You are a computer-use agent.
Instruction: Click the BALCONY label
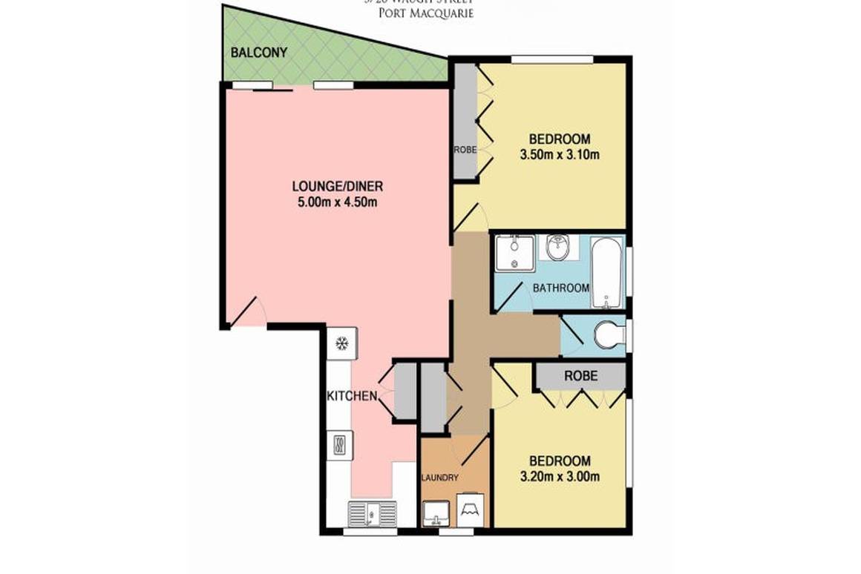coord(258,53)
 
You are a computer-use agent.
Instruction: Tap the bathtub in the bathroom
coord(608,272)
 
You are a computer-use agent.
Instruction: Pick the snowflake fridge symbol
coord(342,343)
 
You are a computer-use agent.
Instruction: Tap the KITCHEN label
coord(352,396)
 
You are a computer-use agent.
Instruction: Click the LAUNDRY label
coord(440,478)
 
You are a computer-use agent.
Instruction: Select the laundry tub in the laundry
coord(436,512)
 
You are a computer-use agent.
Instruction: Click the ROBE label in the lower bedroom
coord(580,375)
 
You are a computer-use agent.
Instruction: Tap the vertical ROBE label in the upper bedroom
coord(465,149)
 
